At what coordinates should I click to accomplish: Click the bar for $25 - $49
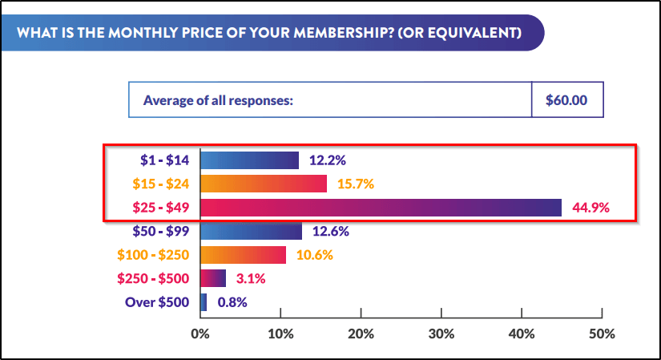click(381, 208)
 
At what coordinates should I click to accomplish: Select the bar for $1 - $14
click(249, 160)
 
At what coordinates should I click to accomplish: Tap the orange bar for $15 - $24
click(263, 184)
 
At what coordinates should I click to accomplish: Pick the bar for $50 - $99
click(251, 232)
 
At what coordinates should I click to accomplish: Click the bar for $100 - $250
click(243, 255)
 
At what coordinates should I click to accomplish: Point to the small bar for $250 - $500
click(212, 278)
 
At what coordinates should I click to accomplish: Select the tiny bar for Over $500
click(204, 302)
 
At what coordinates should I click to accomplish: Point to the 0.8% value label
click(232, 302)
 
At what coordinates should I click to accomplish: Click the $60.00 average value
click(566, 100)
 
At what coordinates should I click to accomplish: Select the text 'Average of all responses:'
click(218, 100)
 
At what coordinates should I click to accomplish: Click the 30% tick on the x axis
click(441, 333)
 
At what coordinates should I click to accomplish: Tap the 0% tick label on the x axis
click(200, 333)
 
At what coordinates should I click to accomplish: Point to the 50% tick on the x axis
click(602, 333)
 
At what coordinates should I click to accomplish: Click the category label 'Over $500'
click(156, 302)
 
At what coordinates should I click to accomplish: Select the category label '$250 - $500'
click(153, 278)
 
